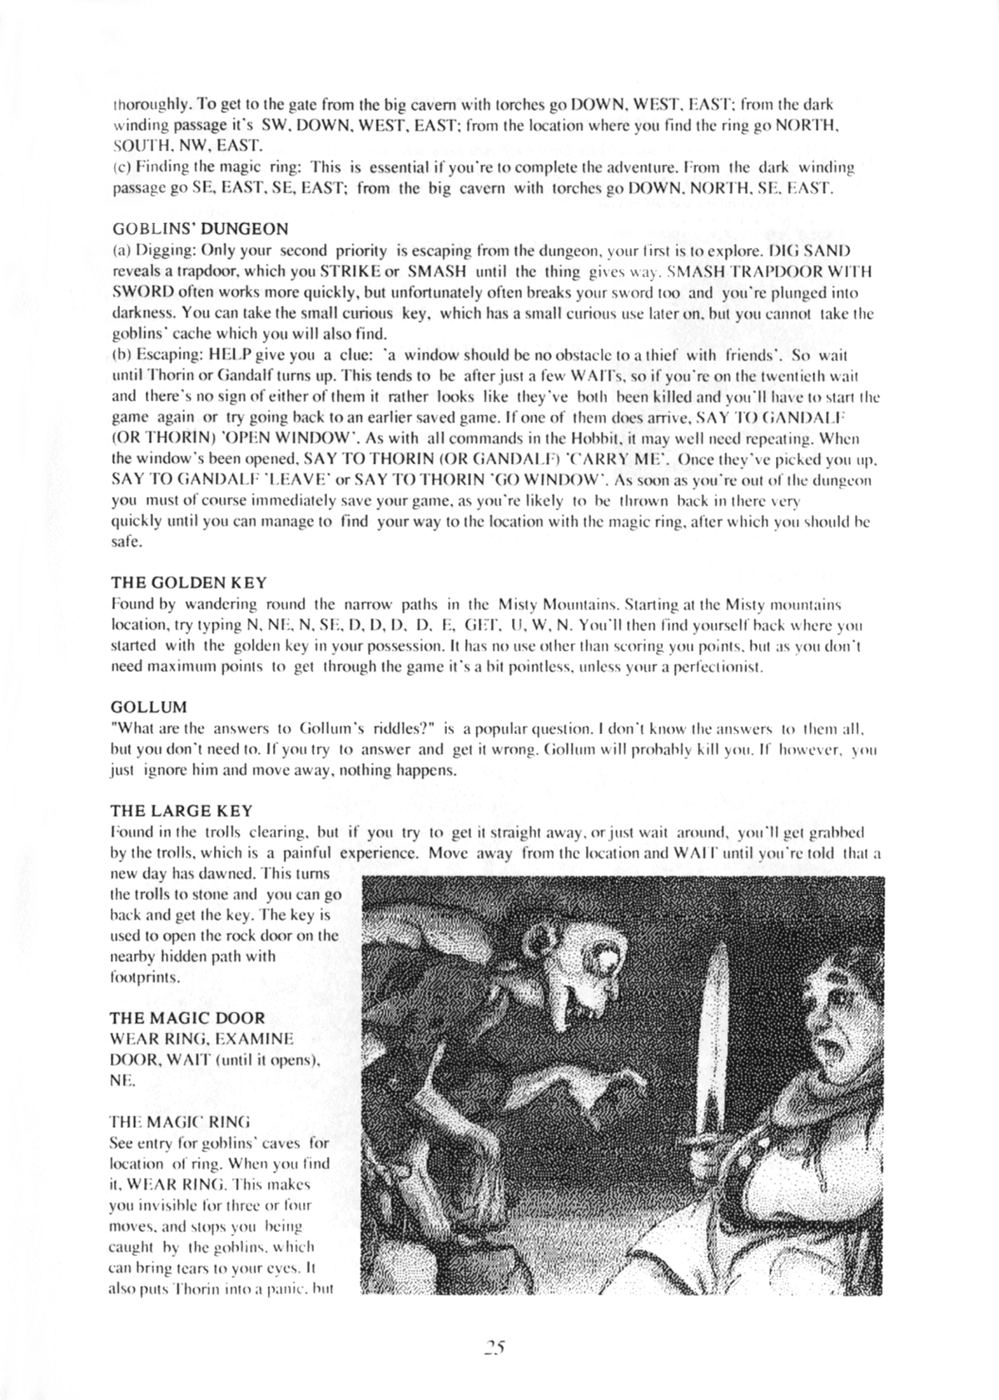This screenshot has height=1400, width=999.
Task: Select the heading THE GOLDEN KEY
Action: pyautogui.click(x=188, y=582)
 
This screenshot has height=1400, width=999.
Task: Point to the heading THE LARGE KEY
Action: pyautogui.click(x=181, y=811)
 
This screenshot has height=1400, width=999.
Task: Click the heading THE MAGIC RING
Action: pyautogui.click(x=180, y=1121)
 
